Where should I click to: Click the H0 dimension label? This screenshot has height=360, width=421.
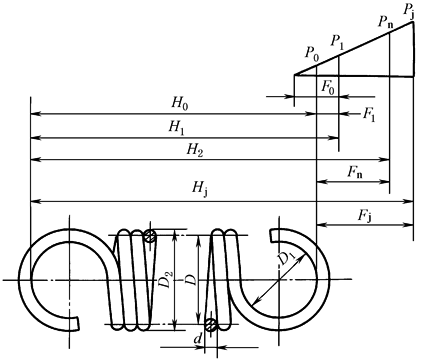pyautogui.click(x=180, y=104)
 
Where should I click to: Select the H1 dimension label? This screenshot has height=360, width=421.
pyautogui.click(x=176, y=128)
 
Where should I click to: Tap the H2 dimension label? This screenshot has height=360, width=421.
pyautogui.click(x=195, y=150)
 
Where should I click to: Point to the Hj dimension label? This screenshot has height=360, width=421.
pyautogui.click(x=200, y=189)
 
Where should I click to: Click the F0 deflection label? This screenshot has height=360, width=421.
pyautogui.click(x=328, y=88)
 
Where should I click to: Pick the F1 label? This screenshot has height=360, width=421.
pyautogui.click(x=369, y=115)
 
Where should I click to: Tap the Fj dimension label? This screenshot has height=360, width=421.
pyautogui.click(x=365, y=216)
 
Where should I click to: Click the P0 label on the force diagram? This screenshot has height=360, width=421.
pyautogui.click(x=312, y=54)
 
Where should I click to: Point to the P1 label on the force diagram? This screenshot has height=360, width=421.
pyautogui.click(x=337, y=43)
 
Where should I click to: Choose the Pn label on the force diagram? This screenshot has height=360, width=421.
pyautogui.click(x=386, y=22)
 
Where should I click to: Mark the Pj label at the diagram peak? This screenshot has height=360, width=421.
pyautogui.click(x=409, y=9)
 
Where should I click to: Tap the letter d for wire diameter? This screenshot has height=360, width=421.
pyautogui.click(x=198, y=339)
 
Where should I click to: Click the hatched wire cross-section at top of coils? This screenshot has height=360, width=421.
pyautogui.click(x=150, y=236)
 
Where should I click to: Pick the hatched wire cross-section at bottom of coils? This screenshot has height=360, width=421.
pyautogui.click(x=210, y=324)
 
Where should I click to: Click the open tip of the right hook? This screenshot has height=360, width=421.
pyautogui.click(x=272, y=236)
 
